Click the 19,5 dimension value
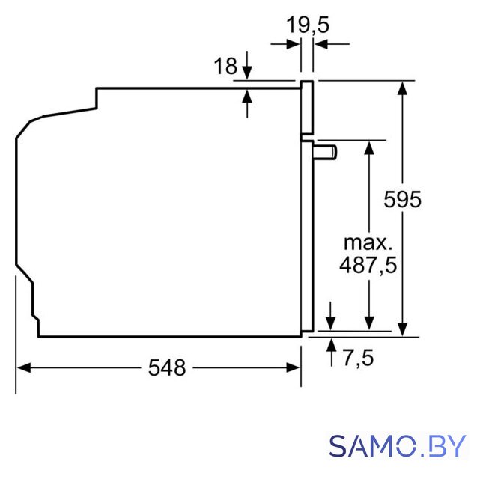coord(308,25)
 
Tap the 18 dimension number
coord(225,66)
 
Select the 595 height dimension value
coord(402,199)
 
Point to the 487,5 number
coord(368,264)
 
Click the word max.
coord(368,242)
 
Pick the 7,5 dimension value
coord(358,358)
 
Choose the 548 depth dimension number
coord(167,367)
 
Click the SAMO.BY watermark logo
coord(397,445)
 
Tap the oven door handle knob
coord(325,152)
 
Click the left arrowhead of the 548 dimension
coord(23,367)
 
